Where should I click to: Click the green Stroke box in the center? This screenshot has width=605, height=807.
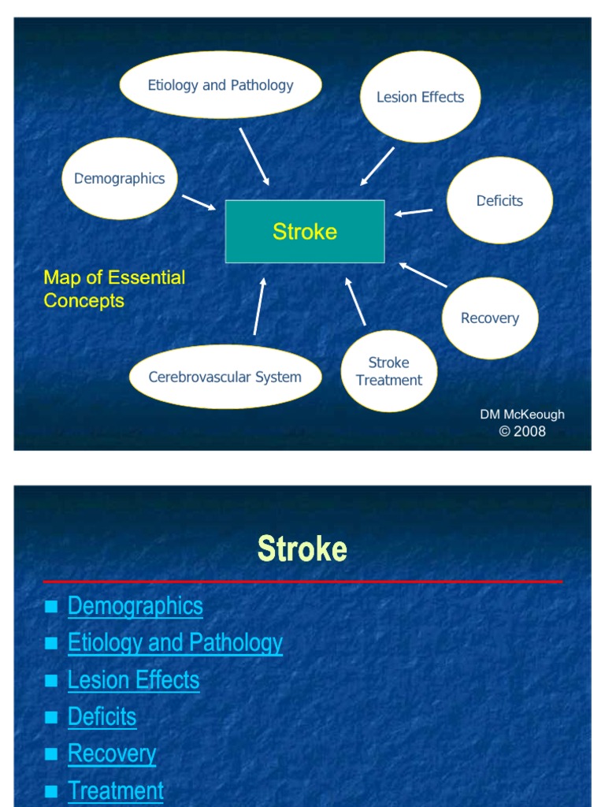(305, 231)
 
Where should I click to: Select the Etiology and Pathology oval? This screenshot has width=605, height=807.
(221, 85)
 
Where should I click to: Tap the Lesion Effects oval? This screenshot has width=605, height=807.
(420, 97)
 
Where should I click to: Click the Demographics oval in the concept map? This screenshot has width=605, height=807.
(120, 178)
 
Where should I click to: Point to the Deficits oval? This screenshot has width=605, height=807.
(499, 200)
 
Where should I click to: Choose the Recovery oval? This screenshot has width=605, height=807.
(490, 318)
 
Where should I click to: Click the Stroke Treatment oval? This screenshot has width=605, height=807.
(389, 371)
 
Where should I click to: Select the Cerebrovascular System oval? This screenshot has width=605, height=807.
(225, 377)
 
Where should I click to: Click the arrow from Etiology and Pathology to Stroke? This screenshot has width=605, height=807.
(254, 156)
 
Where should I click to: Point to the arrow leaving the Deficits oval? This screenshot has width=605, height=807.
(414, 211)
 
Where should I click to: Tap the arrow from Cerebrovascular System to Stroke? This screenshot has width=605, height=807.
(259, 307)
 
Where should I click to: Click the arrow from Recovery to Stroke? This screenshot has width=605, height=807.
(423, 274)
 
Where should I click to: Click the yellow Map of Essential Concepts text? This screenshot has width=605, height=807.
(114, 288)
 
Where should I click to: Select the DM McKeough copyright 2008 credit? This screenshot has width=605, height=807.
(522, 423)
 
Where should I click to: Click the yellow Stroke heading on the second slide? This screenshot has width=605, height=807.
(302, 549)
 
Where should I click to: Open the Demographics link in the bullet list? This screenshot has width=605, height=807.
(135, 606)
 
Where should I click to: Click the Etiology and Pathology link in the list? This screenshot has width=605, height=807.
(175, 643)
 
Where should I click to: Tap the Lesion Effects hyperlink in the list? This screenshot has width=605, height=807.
(134, 680)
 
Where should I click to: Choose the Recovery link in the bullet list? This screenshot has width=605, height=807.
(112, 753)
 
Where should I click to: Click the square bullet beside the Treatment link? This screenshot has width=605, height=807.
(52, 791)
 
